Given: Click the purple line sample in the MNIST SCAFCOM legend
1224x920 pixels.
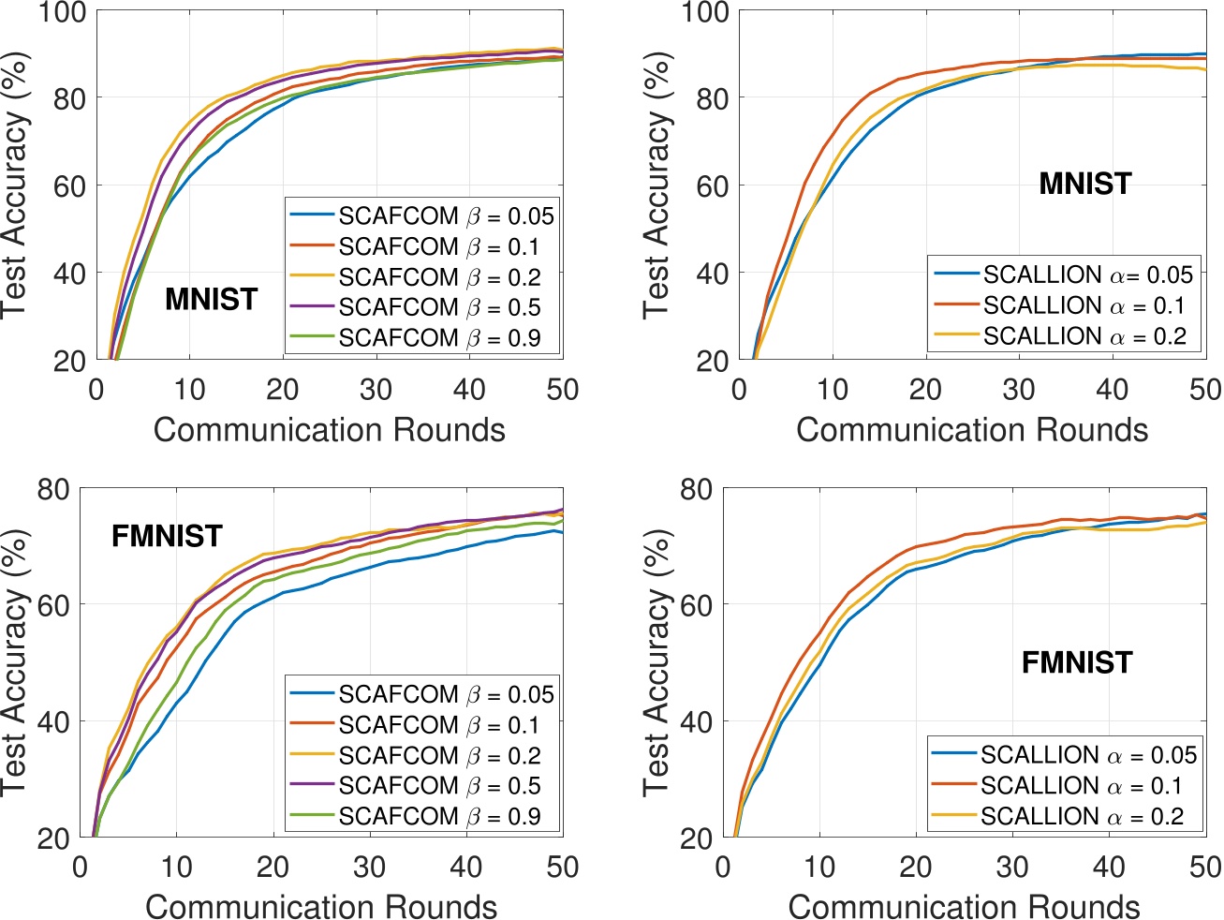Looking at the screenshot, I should tap(313, 307).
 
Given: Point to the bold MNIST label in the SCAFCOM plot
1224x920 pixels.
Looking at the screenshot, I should tap(211, 299).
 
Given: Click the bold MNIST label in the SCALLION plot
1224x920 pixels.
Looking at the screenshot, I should tap(1084, 183).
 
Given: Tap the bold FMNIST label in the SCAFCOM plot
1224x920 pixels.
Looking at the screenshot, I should tap(167, 536).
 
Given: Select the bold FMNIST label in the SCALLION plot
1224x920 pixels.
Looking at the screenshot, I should tap(1076, 662).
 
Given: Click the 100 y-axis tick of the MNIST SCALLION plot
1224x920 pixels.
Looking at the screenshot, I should tap(705, 13).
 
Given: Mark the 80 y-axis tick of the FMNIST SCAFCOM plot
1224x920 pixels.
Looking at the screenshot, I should tap(53, 489).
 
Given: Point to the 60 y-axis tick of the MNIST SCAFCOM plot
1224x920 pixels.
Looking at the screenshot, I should tap(68, 185).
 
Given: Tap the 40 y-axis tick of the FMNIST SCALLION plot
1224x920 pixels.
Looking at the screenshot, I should tap(696, 721).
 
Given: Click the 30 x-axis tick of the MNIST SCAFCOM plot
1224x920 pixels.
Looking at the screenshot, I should tap(376, 390).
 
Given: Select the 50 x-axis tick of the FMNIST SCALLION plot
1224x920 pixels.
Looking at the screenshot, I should tap(1204, 867).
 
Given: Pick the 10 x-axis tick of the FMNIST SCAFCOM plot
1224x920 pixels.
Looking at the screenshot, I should tap(176, 867).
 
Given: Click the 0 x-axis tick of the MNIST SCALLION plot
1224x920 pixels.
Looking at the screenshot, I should tap(739, 390).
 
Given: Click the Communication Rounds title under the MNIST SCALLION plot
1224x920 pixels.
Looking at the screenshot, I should tap(971, 430).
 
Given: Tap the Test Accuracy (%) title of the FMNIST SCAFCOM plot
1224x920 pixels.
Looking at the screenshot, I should tap(15, 662).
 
